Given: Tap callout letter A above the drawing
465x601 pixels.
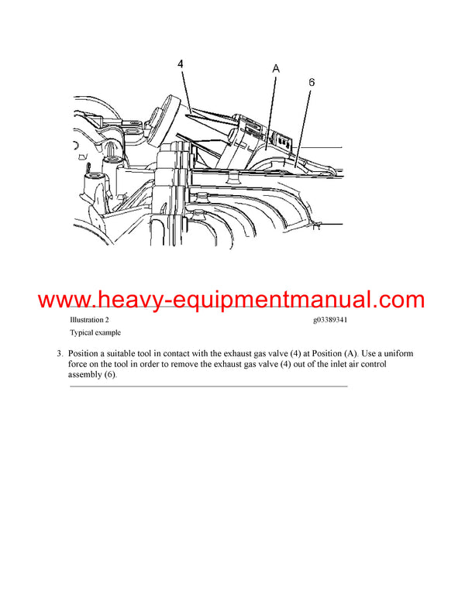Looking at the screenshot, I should click(x=276, y=70).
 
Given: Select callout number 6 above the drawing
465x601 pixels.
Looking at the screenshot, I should click(x=311, y=81).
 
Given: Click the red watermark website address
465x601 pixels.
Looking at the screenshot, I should click(x=232, y=300).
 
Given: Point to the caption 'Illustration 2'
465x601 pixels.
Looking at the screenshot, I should click(x=89, y=319).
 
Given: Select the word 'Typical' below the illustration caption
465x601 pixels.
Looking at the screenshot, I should click(x=82, y=331).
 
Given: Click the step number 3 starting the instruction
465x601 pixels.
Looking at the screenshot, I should click(x=59, y=354).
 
